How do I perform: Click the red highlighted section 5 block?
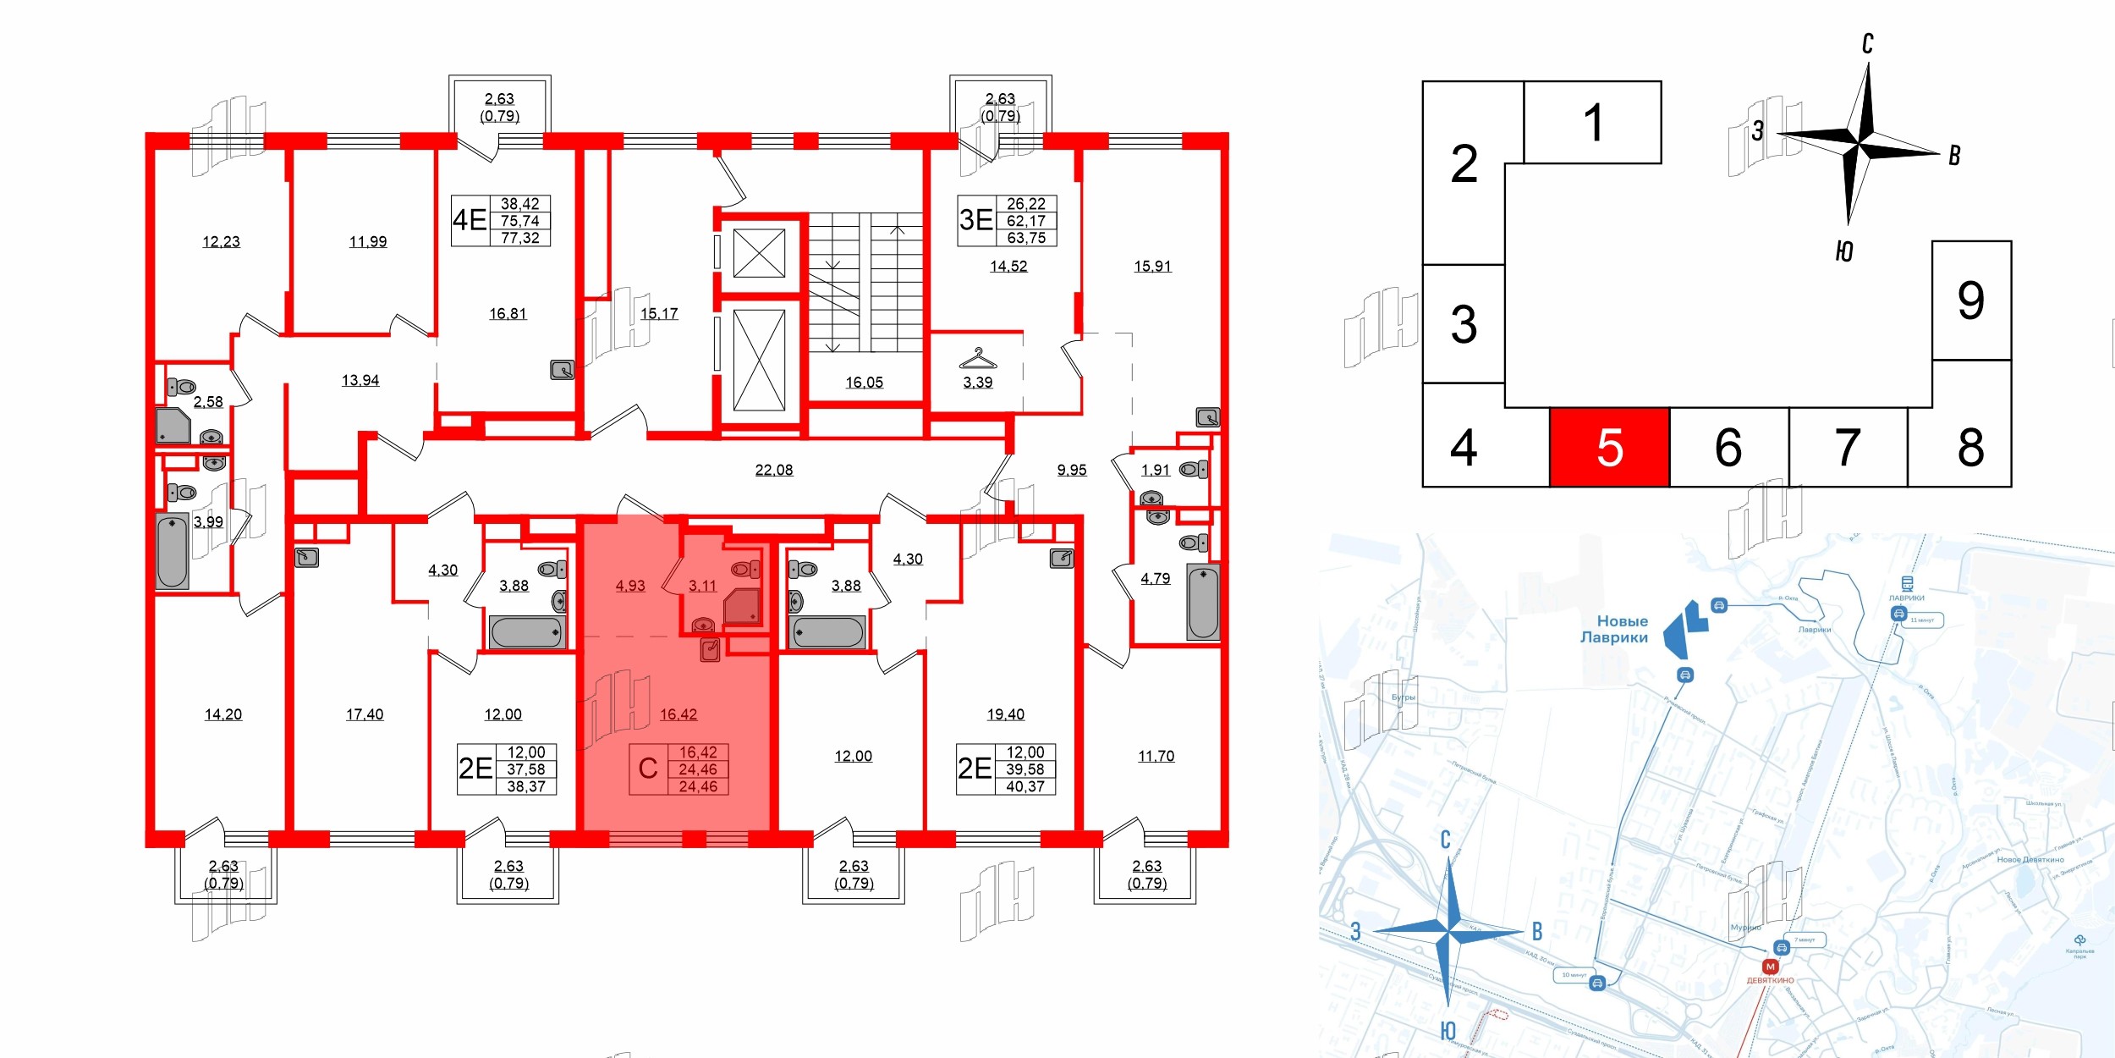pos(1608,447)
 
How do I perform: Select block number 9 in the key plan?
pos(1970,300)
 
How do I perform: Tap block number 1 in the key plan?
pos(1592,123)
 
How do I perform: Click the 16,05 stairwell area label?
pos(864,383)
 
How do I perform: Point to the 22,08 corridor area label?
pos(773,470)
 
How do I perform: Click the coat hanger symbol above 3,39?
pos(977,359)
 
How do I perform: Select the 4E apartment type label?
pos(470,220)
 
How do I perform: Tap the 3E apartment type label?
pos(975,220)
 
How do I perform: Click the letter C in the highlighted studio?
pos(647,769)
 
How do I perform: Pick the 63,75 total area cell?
pos(1025,238)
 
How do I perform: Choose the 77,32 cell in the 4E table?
pos(519,238)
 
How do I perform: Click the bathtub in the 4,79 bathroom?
pos(1202,603)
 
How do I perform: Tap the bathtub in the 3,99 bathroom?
pos(172,551)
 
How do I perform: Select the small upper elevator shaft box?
pos(759,253)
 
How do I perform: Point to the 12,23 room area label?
pos(221,242)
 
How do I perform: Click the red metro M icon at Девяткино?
pos(1770,966)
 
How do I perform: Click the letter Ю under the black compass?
pos(1844,251)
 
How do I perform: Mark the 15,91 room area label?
pos(1152,267)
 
